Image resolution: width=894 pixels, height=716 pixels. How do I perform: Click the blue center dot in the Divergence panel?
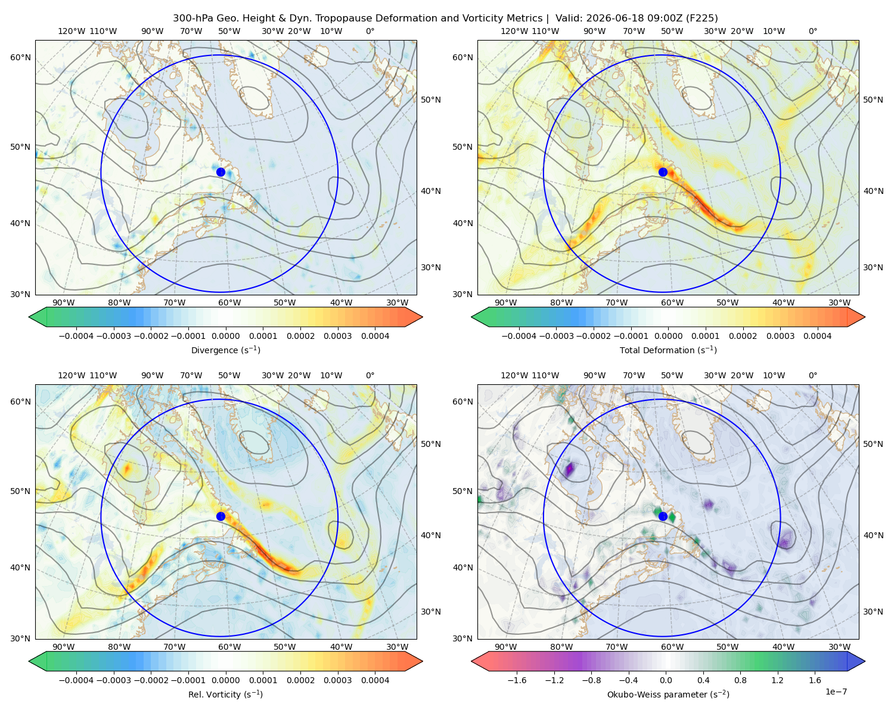(x=221, y=172)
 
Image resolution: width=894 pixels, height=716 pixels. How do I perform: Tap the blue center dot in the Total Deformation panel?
(x=663, y=172)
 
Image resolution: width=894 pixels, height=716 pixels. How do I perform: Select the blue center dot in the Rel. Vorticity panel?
(x=221, y=516)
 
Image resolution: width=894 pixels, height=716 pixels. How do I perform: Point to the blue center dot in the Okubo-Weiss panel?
(x=663, y=516)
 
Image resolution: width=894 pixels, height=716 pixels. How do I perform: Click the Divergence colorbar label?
(x=225, y=350)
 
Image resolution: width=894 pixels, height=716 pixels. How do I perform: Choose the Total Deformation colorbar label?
(x=668, y=350)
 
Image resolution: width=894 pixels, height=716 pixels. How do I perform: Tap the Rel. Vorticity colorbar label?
(x=225, y=694)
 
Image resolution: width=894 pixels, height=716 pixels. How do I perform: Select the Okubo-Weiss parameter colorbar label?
(x=668, y=694)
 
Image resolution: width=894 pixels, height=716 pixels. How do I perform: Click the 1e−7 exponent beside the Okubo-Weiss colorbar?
(x=836, y=692)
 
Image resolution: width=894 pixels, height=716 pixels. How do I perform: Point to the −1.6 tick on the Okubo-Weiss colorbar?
(x=517, y=680)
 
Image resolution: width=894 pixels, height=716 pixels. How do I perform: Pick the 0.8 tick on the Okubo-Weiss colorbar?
(x=740, y=680)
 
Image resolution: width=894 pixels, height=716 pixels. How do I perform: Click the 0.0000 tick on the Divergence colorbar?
(x=225, y=336)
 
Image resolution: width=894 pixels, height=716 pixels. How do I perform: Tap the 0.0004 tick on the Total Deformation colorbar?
(x=817, y=336)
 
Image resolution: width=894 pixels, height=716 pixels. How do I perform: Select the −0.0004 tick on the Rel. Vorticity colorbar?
(x=76, y=680)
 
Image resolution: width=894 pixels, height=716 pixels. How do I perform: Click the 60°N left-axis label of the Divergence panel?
(x=20, y=57)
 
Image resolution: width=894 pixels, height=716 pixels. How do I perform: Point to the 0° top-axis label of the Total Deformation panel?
(x=812, y=31)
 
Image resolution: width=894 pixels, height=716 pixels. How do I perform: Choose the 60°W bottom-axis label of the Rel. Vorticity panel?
(x=229, y=647)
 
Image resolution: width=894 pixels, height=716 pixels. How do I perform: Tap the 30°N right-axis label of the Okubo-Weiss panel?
(x=873, y=611)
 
